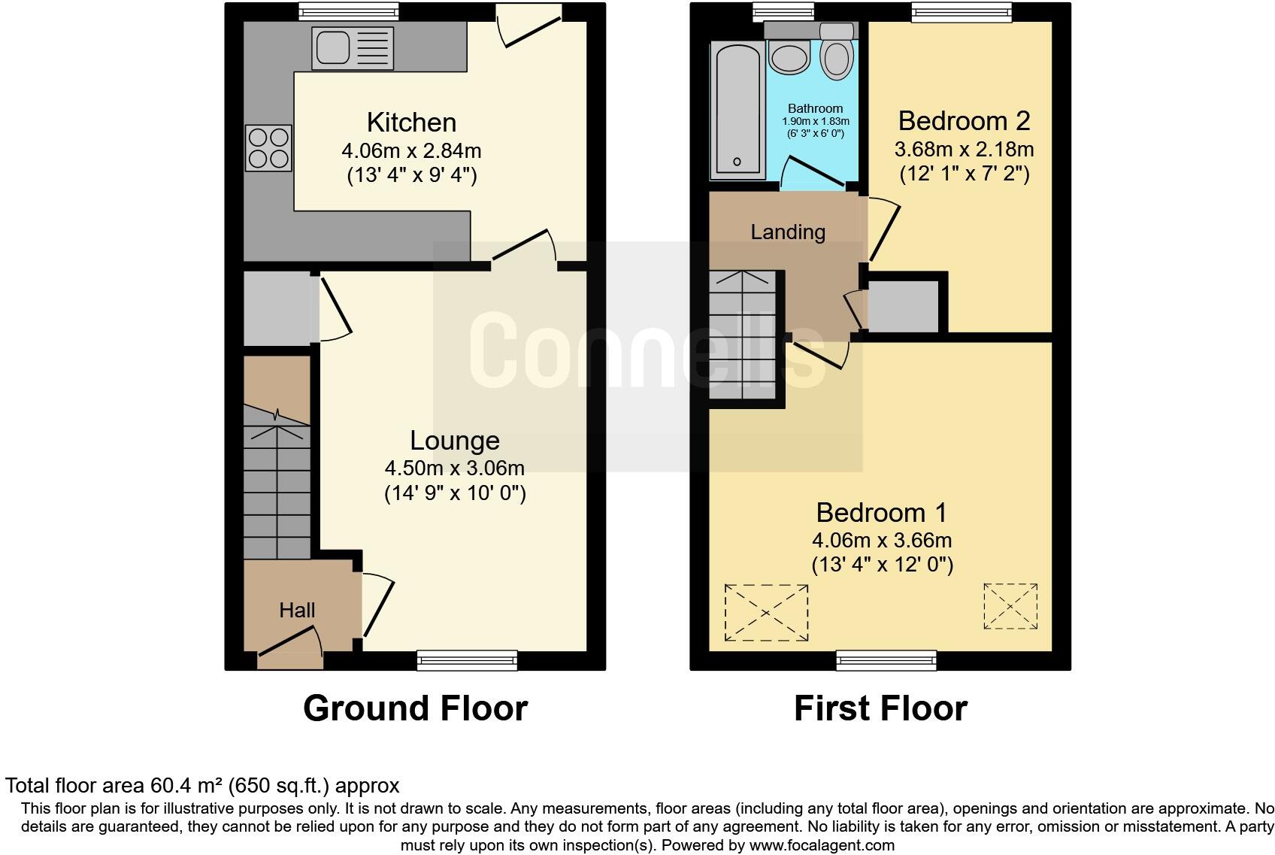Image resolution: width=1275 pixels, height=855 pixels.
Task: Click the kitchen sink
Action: pyautogui.click(x=353, y=49)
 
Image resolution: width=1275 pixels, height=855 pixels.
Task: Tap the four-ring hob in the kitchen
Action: pyautogui.click(x=268, y=147)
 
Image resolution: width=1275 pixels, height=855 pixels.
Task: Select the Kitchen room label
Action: pyautogui.click(x=411, y=123)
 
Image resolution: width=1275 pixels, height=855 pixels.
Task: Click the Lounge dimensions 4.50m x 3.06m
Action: pyautogui.click(x=454, y=468)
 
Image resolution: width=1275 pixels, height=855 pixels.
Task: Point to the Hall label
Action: pyautogui.click(x=297, y=610)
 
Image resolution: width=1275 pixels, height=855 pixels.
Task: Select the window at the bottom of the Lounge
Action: pyautogui.click(x=468, y=660)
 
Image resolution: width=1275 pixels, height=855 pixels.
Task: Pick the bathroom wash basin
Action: pyautogui.click(x=788, y=56)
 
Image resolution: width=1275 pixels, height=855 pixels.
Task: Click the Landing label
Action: pyautogui.click(x=787, y=232)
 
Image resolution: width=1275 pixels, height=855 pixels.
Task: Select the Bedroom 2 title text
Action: pyautogui.click(x=964, y=120)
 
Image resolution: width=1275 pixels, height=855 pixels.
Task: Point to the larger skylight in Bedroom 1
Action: pyautogui.click(x=766, y=613)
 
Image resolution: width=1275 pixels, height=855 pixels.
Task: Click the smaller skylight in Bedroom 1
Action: pyautogui.click(x=1010, y=606)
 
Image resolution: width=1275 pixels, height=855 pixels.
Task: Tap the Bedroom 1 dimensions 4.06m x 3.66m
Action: pyautogui.click(x=881, y=540)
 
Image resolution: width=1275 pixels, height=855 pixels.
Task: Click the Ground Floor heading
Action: pyautogui.click(x=415, y=708)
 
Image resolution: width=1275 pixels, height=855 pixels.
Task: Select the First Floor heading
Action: pyautogui.click(x=880, y=708)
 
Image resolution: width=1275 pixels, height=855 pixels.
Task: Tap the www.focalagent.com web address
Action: pyautogui.click(x=821, y=844)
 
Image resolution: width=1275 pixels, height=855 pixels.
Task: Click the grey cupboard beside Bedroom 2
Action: pyautogui.click(x=904, y=306)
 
